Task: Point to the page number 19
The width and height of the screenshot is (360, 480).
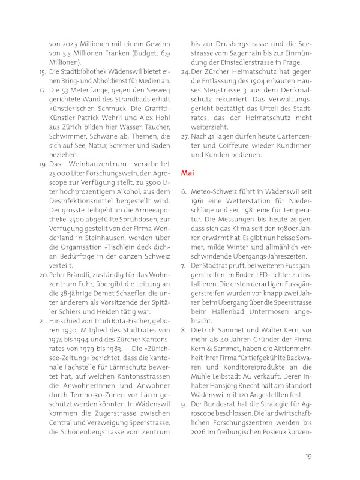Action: click(x=308, y=456)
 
